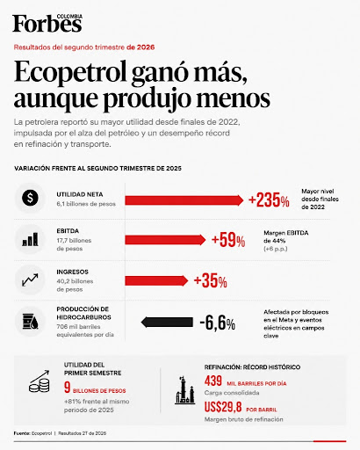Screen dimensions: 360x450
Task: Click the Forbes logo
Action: [47, 23]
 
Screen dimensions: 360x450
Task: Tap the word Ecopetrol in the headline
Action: [70, 72]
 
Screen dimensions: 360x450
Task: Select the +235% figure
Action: [269, 200]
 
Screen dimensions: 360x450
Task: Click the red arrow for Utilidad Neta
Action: [184, 200]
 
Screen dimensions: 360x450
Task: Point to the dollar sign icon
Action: [30, 198]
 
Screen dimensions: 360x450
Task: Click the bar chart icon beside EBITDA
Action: [30, 239]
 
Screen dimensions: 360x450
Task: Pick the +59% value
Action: [228, 240]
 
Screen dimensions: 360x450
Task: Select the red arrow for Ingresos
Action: [156, 280]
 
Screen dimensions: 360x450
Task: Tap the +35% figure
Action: [210, 280]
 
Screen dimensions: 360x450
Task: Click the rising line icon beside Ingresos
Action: [30, 280]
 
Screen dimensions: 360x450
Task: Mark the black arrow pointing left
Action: [167, 323]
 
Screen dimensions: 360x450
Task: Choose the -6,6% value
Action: [217, 323]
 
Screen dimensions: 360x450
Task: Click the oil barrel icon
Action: [30, 321]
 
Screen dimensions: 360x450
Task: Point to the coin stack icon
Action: [40, 381]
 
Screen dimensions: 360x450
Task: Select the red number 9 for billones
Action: [67, 388]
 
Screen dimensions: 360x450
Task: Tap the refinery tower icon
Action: [184, 390]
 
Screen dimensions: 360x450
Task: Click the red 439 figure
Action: [213, 381]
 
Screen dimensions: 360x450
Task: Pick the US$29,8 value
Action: [223, 407]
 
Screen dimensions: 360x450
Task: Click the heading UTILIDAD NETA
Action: [80, 194]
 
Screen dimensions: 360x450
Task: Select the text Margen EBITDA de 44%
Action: [286, 236]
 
